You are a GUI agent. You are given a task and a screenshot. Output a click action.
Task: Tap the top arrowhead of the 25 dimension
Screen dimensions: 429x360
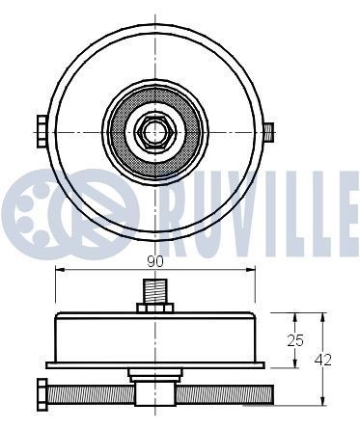pos(293,316)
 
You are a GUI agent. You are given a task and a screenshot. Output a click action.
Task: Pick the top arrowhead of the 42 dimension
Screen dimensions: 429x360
pos(322,316)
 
